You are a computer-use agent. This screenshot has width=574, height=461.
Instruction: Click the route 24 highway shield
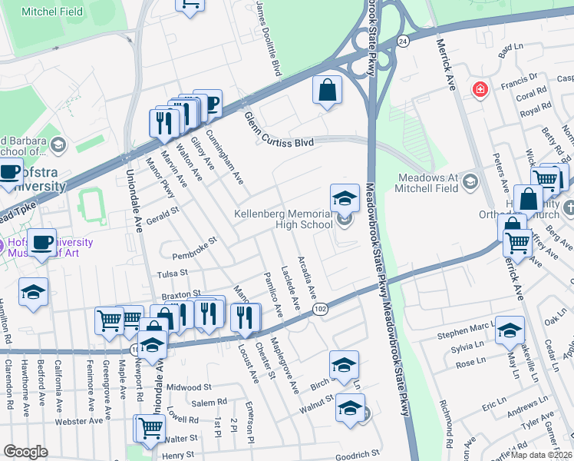pyautogui.click(x=402, y=40)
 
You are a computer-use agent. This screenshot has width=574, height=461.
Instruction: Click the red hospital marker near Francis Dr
pyautogui.click(x=480, y=90)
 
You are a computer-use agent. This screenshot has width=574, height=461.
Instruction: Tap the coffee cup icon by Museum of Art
pyautogui.click(x=41, y=244)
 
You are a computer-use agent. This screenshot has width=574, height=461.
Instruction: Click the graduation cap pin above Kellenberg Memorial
pyautogui.click(x=345, y=197)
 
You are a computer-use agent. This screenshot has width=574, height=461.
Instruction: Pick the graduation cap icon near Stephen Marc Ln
pyautogui.click(x=510, y=330)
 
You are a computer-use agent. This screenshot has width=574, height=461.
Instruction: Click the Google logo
pyautogui.click(x=25, y=452)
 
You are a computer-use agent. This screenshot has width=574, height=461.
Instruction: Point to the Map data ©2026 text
pyautogui.click(x=541, y=454)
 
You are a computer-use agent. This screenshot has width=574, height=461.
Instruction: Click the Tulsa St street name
pyautogui.click(x=172, y=273)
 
